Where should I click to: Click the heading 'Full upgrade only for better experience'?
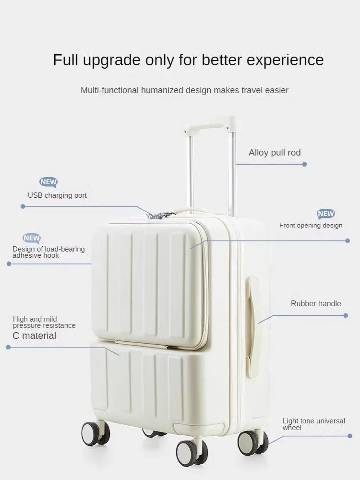click(188, 60)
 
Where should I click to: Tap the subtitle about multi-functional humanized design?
click(184, 90)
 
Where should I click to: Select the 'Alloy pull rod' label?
click(275, 153)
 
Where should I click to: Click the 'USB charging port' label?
click(57, 195)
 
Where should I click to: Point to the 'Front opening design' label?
click(311, 225)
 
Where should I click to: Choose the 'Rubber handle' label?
click(316, 303)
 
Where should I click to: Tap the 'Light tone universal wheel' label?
click(313, 424)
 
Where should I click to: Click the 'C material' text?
click(34, 336)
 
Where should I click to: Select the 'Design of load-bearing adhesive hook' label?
click(48, 252)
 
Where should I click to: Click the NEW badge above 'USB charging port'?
click(48, 182)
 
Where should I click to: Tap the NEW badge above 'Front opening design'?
click(326, 214)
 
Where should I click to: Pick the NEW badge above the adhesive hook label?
click(32, 238)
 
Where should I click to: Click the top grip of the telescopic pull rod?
click(209, 123)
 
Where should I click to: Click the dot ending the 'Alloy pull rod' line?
click(304, 164)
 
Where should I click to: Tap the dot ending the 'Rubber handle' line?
click(346, 315)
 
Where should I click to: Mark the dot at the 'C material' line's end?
click(8, 347)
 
